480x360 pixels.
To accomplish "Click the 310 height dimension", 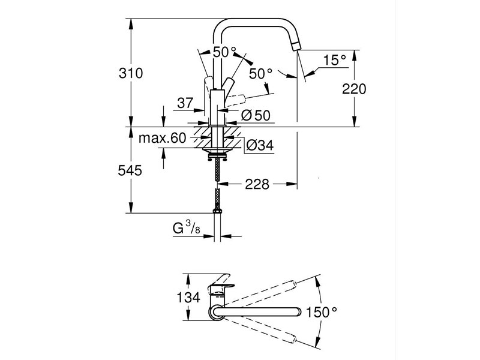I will (x=131, y=73).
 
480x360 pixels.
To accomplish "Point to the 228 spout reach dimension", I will (x=257, y=184).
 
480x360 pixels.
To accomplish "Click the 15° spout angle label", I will (x=335, y=60).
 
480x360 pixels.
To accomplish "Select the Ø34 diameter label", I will (x=260, y=145).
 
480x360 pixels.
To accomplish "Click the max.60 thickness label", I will (x=163, y=139).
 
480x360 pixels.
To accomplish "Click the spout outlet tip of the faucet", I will (x=297, y=46).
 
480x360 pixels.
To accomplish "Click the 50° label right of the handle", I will (x=261, y=73).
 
